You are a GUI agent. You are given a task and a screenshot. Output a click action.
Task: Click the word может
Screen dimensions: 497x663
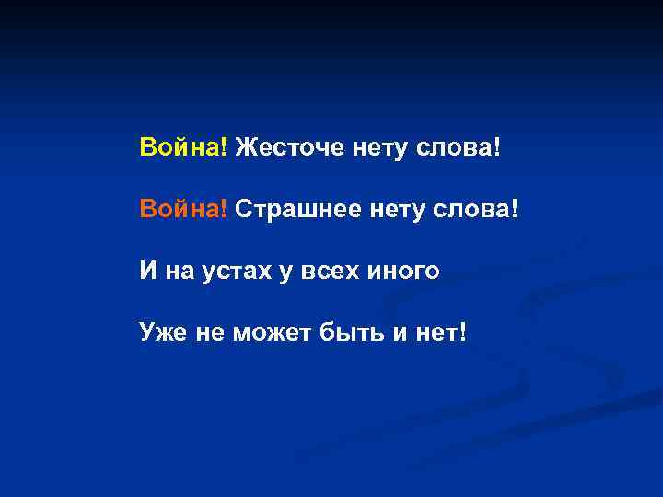coord(276,331)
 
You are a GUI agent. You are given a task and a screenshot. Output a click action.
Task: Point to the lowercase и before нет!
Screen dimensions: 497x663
coord(400,332)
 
